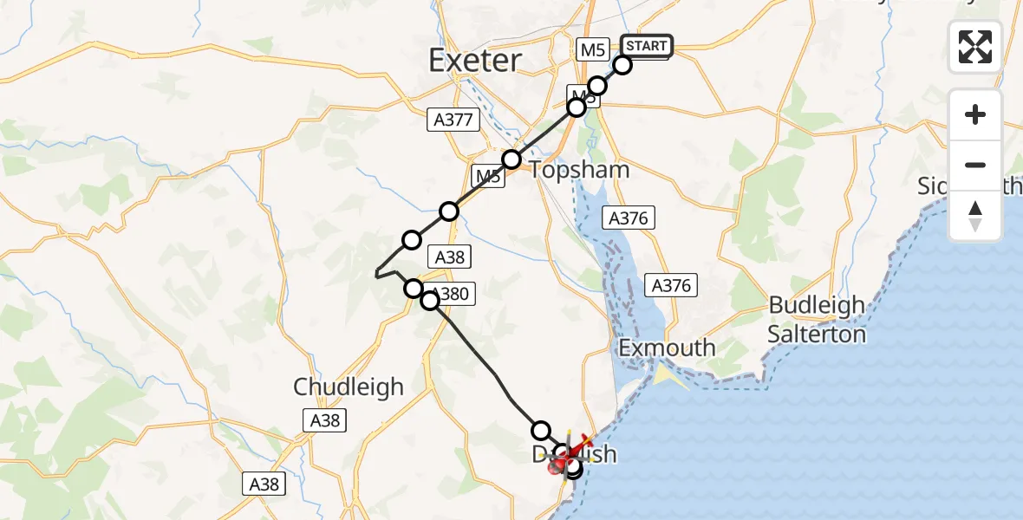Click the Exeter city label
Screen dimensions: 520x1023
[x=476, y=61]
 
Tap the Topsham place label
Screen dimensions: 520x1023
[x=579, y=170]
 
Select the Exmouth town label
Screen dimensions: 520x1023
[x=667, y=348]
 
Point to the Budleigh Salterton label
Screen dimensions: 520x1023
[x=818, y=320]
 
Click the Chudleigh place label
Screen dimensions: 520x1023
[x=349, y=387]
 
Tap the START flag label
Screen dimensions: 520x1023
[x=646, y=46]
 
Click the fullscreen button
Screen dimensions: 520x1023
[x=975, y=47]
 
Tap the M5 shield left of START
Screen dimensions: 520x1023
[x=593, y=50]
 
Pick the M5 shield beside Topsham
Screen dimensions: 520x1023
[x=488, y=178]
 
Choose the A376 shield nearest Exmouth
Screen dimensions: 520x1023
[x=671, y=285]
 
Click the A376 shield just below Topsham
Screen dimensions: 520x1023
[x=629, y=218]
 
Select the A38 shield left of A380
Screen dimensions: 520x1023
[x=449, y=257]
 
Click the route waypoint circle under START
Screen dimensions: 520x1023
[x=622, y=65]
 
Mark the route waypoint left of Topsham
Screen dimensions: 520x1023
[x=511, y=159]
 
